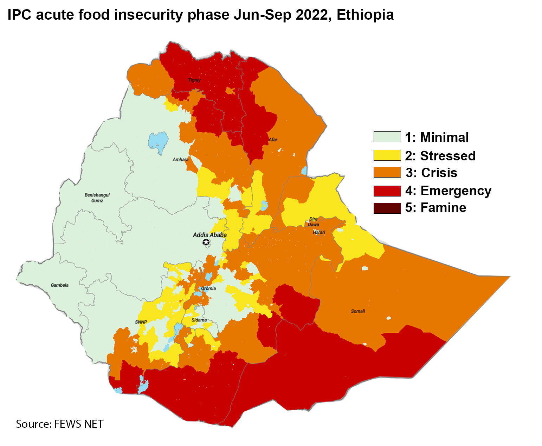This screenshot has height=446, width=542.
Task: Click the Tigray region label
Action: pos(194,80)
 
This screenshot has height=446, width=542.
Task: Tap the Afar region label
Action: pos(273,140)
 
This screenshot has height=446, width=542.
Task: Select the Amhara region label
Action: pos(180,160)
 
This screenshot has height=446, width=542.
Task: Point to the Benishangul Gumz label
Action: pos(97,198)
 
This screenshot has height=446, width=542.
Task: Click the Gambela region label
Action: pos(59,285)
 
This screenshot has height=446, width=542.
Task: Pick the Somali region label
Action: pos(358,311)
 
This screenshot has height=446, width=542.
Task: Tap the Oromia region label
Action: pos(208,288)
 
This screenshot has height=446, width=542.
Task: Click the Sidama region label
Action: pos(199,320)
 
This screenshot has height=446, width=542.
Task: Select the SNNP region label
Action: pos(141,322)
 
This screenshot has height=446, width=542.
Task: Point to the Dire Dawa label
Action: pos(313,222)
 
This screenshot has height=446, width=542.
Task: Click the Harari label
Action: pos(319,232)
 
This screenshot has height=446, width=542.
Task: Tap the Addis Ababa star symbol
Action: pos(206,242)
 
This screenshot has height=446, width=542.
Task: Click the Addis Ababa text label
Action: pos(209,235)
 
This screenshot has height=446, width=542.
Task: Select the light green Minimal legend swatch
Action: pos(387,137)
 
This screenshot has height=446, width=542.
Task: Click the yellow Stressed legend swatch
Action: pos(387,155)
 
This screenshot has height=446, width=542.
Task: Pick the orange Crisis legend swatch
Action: pos(387,172)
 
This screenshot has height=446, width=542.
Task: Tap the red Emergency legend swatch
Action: pos(387,191)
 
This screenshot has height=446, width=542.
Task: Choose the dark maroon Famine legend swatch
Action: pos(387,208)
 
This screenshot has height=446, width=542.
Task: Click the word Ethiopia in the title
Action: pos(365,15)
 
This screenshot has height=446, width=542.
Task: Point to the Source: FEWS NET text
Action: pos(60,424)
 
